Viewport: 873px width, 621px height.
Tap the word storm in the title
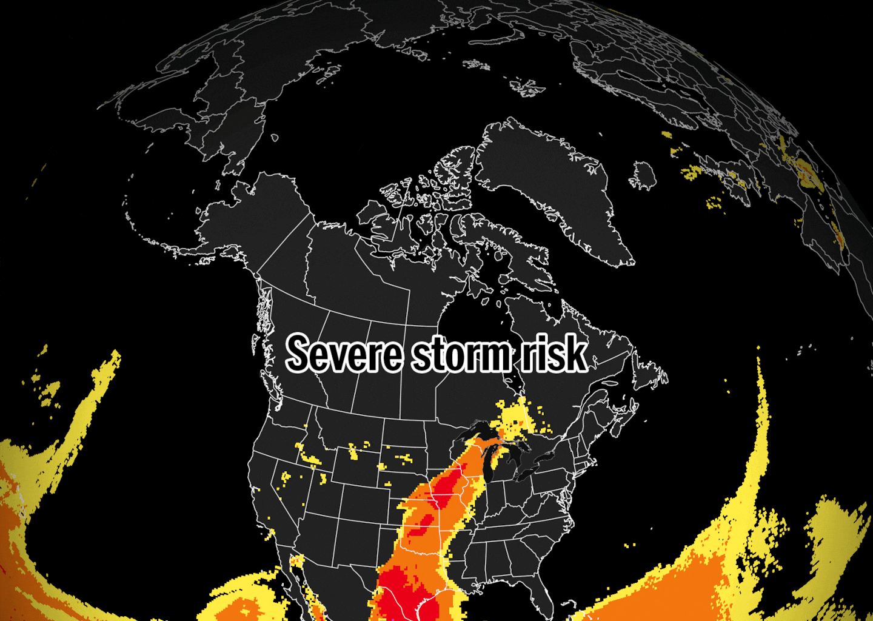pyautogui.click(x=461, y=354)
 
